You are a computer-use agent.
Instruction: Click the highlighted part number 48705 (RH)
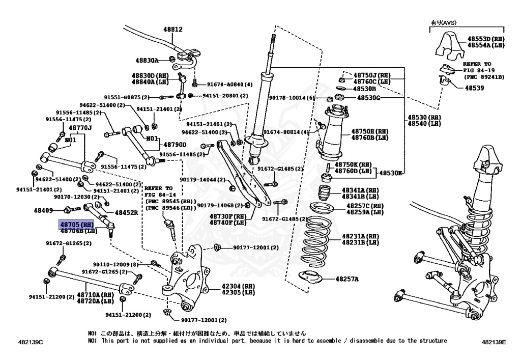pyautogui.click(x=76, y=225)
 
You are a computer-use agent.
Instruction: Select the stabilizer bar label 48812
pyautogui.click(x=173, y=29)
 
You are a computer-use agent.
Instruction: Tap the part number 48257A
pyautogui.click(x=347, y=279)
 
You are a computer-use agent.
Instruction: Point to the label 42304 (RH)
pyautogui.click(x=238, y=286)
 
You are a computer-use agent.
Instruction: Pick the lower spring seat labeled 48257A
pyautogui.click(x=311, y=278)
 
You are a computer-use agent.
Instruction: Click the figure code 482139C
pyautogui.click(x=31, y=342)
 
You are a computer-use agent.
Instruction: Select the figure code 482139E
pyautogui.click(x=494, y=342)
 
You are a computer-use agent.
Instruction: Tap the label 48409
pyautogui.click(x=43, y=210)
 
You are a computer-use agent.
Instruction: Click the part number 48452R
pyautogui.click(x=126, y=212)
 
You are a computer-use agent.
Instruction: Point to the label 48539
pyautogui.click(x=475, y=88)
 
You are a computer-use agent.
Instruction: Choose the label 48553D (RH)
pyautogui.click(x=486, y=39)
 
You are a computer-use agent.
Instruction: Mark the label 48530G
pyautogui.click(x=368, y=98)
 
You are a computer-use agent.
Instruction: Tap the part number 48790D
pyautogui.click(x=175, y=145)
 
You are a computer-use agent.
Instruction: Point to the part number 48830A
pyautogui.click(x=147, y=61)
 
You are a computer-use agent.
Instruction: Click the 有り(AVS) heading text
pyautogui.click(x=444, y=23)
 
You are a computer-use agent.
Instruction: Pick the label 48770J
pyautogui.click(x=80, y=128)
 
